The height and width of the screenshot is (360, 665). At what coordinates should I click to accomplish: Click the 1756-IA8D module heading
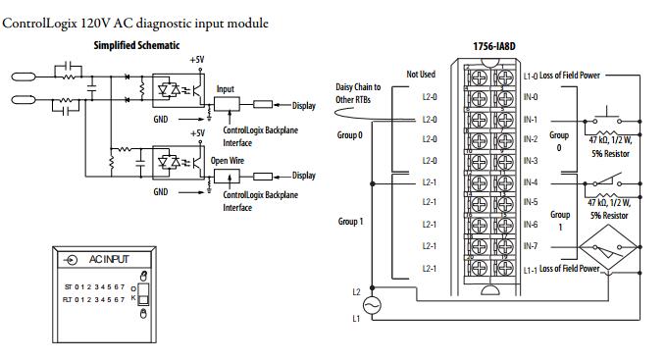[494, 46]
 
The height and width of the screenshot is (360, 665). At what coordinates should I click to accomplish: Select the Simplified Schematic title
[136, 45]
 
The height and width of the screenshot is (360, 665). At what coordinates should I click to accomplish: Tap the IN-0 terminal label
[531, 97]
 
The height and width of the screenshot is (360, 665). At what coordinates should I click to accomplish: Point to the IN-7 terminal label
[531, 246]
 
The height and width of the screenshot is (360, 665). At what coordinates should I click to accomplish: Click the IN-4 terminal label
[531, 182]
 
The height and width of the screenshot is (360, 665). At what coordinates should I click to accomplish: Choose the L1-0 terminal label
[530, 77]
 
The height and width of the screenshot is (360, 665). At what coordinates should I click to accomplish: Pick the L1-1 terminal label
[530, 270]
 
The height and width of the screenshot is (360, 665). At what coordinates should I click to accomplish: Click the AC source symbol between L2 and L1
[372, 305]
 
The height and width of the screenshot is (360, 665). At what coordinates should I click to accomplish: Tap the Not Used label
[421, 75]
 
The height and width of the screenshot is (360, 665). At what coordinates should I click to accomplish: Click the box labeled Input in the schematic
[227, 104]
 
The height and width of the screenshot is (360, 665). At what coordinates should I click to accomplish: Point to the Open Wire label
[228, 161]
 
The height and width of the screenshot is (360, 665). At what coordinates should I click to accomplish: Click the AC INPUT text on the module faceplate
[109, 260]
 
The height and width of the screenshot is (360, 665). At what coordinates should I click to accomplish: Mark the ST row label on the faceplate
[68, 287]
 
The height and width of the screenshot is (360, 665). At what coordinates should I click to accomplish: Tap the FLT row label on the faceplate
[68, 300]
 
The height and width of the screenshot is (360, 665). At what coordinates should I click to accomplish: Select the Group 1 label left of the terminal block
[351, 222]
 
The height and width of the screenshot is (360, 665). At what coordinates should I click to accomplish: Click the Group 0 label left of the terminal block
[350, 135]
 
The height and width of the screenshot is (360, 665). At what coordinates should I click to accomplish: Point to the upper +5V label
[197, 60]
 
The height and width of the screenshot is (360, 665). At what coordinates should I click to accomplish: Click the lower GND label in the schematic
[160, 192]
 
